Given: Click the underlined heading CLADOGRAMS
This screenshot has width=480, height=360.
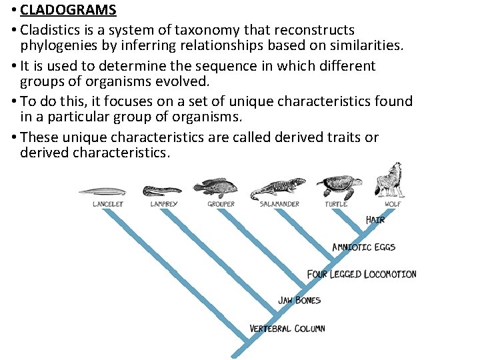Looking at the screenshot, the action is coord(68,10).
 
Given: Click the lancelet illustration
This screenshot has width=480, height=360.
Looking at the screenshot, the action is coord(101,192).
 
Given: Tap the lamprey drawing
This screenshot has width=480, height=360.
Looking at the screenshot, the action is coord(163,189).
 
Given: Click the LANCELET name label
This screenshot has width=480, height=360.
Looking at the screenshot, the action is coord(107,203).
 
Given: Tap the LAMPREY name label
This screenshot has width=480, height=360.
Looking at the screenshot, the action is coord(164,203).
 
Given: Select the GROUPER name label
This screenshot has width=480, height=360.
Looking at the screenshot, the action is coord(221,203).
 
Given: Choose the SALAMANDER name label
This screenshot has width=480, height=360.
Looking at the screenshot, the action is coord(279,203).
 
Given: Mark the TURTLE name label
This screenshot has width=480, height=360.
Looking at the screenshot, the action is coord(336,203).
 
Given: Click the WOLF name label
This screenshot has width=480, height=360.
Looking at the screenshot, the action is coord(393,203).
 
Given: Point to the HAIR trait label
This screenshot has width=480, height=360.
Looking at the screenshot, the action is coord(375,219).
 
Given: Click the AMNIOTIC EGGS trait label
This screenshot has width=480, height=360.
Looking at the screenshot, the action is coord(363,247).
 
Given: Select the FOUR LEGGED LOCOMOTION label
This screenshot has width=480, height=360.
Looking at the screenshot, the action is coord(361,274).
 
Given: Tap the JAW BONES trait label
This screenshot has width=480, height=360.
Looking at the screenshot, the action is coord(299,301).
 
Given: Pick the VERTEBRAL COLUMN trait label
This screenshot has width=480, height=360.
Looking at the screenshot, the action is coord(287,328).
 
